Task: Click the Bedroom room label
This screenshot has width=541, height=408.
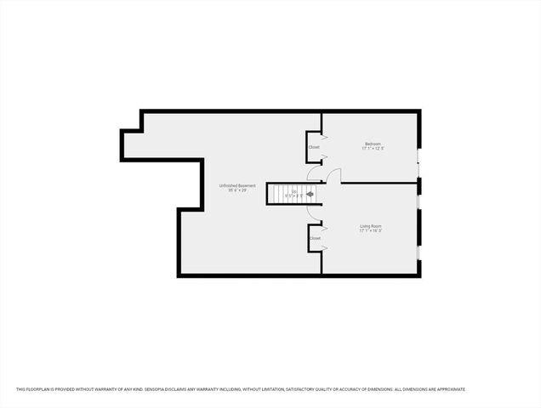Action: coord(373,143)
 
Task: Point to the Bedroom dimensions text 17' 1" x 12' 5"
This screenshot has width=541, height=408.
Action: coord(373,149)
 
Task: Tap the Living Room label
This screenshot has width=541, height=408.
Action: coord(370,225)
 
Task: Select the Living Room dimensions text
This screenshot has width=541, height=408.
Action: coord(370,231)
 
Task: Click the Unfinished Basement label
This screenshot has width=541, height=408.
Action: coord(237,185)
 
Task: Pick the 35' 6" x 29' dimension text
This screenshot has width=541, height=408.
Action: coord(237,190)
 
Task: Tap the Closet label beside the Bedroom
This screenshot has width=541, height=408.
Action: coord(314,147)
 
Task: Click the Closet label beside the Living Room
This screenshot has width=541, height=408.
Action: coord(315,238)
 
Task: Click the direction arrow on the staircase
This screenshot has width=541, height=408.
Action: coord(310,194)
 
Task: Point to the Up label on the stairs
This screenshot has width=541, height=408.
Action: coord(294,191)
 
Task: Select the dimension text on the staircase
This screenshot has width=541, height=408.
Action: coord(294,196)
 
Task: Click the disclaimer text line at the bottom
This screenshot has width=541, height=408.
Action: coord(241,389)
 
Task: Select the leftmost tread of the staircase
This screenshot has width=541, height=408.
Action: coord(270,194)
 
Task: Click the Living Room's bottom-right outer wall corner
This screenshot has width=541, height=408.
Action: coord(419,274)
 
